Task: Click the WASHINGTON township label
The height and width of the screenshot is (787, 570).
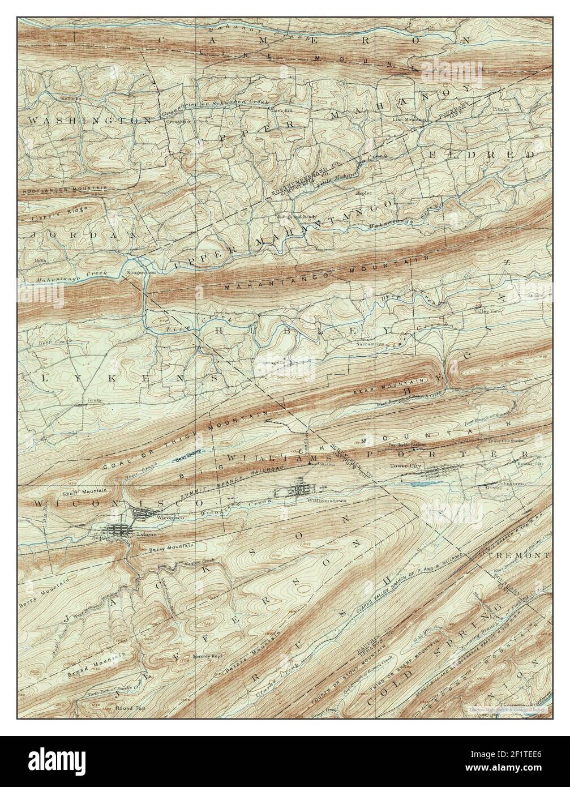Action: [x=89, y=121]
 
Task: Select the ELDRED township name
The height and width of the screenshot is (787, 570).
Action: [x=497, y=154]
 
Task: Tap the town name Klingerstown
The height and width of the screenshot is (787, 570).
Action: [x=140, y=272]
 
